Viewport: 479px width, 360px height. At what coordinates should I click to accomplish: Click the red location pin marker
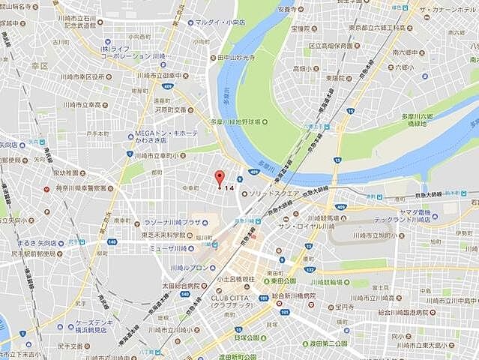219,179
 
